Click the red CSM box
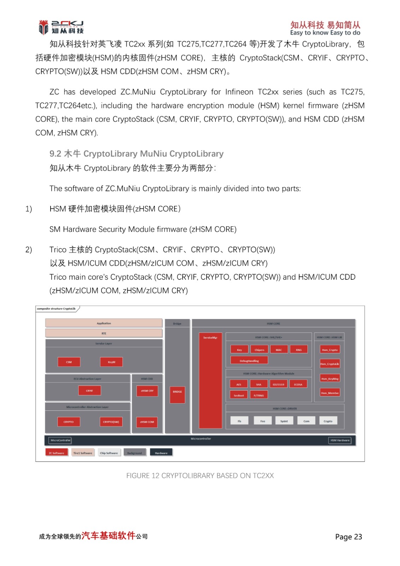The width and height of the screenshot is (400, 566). click(x=69, y=362)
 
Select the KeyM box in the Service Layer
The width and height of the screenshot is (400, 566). click(x=111, y=362)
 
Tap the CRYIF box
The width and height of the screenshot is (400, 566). click(x=89, y=391)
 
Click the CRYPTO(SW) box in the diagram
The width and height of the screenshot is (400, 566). click(x=111, y=422)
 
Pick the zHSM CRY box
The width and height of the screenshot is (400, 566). click(x=147, y=391)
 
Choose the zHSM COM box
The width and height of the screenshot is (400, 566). click(x=147, y=422)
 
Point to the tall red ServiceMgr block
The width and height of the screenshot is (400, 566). click(x=210, y=380)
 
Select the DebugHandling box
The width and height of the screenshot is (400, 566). click(x=249, y=361)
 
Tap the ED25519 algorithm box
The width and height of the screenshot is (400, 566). click(x=278, y=385)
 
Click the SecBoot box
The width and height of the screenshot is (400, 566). click(x=239, y=395)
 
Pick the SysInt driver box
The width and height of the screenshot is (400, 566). click(x=284, y=421)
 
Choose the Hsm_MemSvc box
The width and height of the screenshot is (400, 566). click(x=330, y=393)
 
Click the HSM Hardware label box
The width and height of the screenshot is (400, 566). click(x=340, y=440)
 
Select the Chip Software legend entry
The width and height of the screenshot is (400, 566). click(x=109, y=453)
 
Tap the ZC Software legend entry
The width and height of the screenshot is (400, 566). click(x=57, y=453)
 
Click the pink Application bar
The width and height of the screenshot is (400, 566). click(x=104, y=323)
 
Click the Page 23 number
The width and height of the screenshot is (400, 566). click(x=348, y=537)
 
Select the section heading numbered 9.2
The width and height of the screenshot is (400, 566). click(x=137, y=154)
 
